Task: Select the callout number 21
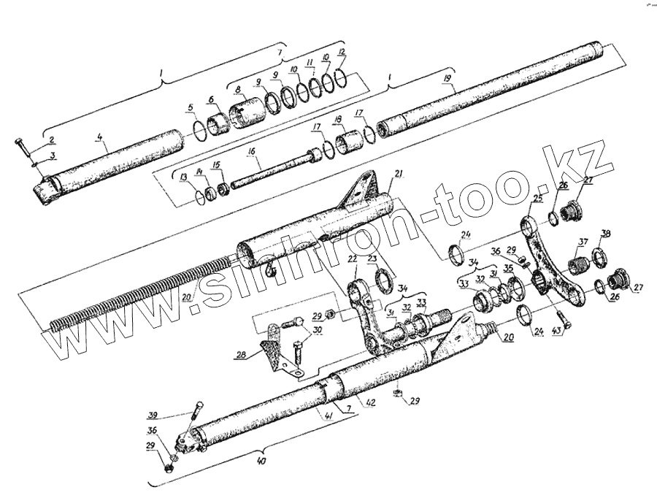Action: [398, 173]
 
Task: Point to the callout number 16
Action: [250, 152]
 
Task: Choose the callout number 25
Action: [537, 198]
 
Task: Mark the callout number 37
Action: [583, 242]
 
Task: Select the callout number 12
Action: [342, 53]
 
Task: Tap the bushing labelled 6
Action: [218, 126]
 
